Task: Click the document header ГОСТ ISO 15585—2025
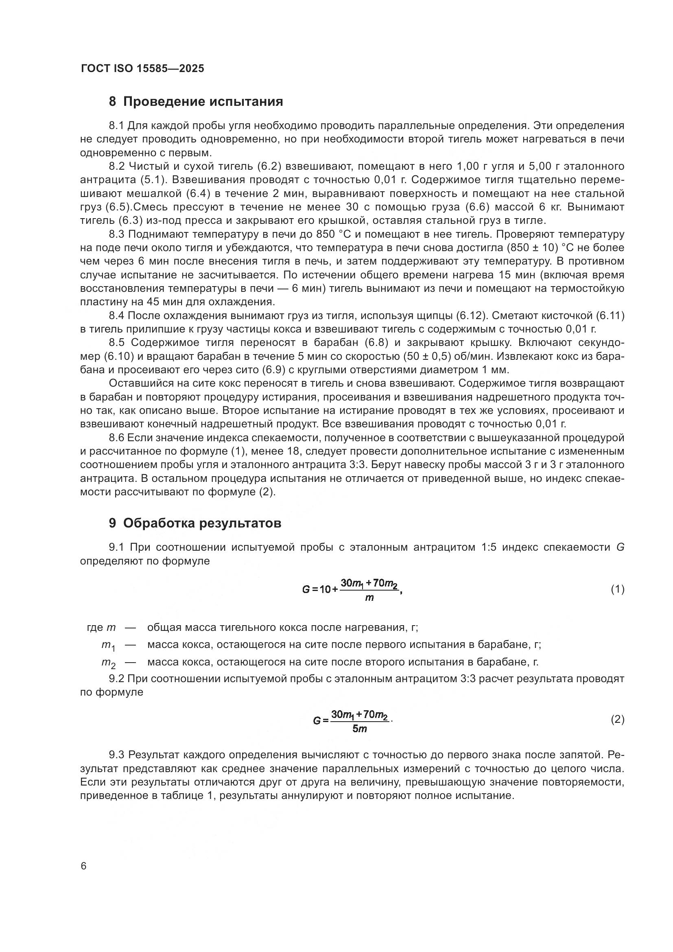tap(142, 68)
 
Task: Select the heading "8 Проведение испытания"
tap(196, 102)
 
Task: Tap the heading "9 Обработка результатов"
tap(195, 523)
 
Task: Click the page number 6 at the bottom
tap(84, 866)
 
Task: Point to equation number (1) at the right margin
tap(617, 589)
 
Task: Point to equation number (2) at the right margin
tap(617, 719)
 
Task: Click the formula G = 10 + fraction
tap(352, 589)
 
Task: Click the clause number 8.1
tap(116, 126)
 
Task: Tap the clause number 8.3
tap(116, 234)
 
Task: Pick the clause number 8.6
tap(116, 438)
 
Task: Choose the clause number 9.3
tap(116, 755)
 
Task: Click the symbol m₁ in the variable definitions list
tap(108, 646)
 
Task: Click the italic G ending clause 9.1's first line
tap(620, 547)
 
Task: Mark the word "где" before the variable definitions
tap(94, 628)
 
